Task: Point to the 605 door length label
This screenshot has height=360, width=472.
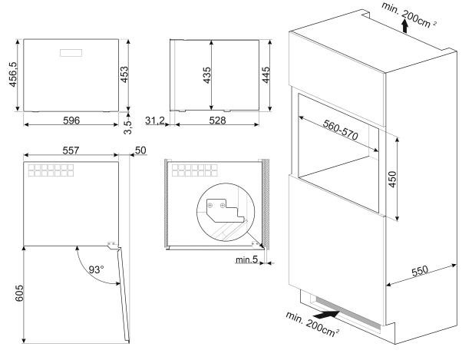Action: click(x=12, y=293)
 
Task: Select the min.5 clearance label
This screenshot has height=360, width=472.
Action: click(x=246, y=261)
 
